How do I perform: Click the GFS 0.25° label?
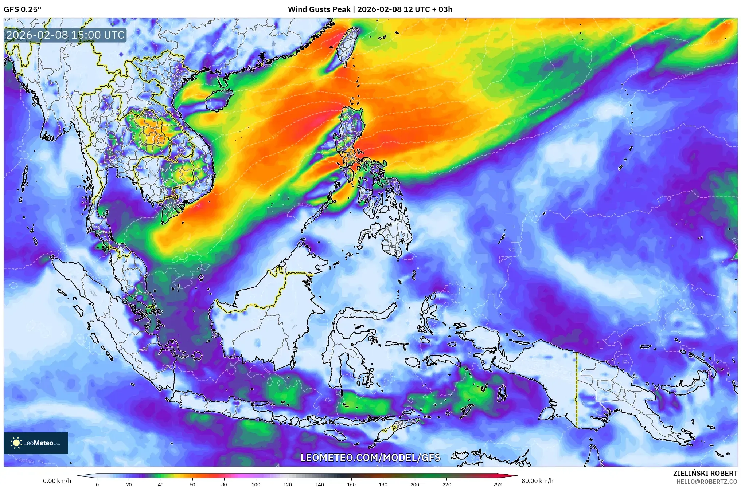(23, 9)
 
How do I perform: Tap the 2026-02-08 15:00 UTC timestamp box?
(66, 35)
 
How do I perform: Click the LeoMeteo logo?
(36, 443)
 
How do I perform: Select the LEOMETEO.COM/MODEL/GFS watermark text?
(370, 457)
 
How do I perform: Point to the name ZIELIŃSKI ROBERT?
(705, 473)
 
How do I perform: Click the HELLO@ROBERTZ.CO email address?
(707, 482)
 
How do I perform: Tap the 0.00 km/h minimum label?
(57, 481)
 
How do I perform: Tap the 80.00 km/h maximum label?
(537, 481)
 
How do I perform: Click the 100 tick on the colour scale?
(256, 484)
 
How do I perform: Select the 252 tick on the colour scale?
(498, 484)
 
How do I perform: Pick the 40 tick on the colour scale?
(160, 484)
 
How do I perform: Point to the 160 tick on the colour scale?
(351, 484)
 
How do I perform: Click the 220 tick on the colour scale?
(446, 484)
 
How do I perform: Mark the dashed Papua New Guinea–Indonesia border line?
(577, 390)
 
